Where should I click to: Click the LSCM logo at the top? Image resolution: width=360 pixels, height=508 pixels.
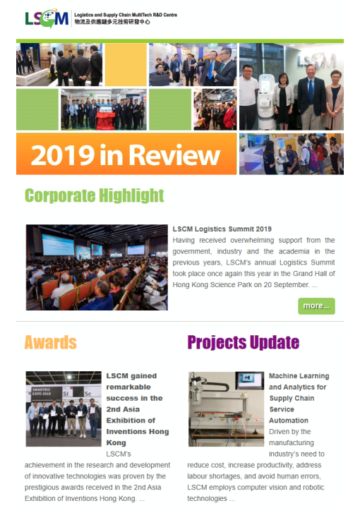click(47, 18)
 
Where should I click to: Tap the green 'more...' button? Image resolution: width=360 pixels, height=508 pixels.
click(316, 306)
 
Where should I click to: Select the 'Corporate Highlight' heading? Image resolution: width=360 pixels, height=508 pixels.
click(94, 195)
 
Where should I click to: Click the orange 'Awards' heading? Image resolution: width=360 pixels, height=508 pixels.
click(50, 343)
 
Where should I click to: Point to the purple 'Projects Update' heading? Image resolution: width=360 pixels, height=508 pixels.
click(243, 343)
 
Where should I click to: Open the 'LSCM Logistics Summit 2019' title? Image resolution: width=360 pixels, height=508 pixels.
click(222, 229)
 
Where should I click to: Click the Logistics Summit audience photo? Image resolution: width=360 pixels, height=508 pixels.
click(97, 267)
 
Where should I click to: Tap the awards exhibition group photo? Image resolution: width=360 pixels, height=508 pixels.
click(64, 409)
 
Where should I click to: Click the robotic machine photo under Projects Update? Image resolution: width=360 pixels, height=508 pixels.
click(226, 409)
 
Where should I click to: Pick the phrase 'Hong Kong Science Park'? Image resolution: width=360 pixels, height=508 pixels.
click(210, 285)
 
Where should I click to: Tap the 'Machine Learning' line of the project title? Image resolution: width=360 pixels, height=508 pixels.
click(299, 376)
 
